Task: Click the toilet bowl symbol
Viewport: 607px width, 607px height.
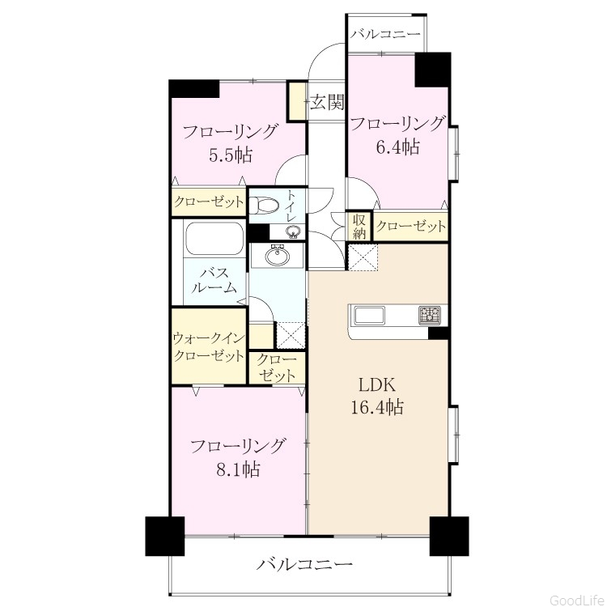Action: point(264,204)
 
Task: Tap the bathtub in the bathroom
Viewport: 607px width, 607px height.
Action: point(214,239)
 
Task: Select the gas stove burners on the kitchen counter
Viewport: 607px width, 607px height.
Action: point(429,315)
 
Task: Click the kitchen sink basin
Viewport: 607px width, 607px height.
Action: point(370,316)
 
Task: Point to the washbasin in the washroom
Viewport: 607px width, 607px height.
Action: point(277,256)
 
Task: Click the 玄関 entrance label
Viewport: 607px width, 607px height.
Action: point(327,103)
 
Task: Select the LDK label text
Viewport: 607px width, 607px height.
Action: point(377,385)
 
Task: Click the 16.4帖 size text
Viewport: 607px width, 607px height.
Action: point(377,407)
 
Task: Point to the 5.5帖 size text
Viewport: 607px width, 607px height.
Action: point(231,155)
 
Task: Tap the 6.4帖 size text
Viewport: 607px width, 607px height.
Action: point(398,146)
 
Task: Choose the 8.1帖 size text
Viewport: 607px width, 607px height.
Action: point(238,469)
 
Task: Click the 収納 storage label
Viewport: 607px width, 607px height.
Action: point(359,227)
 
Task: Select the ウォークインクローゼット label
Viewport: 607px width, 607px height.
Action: point(209,346)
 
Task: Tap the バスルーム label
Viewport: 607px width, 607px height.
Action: point(214,280)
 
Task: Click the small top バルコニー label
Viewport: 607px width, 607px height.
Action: point(385,34)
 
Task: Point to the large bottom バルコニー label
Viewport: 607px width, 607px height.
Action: point(305,564)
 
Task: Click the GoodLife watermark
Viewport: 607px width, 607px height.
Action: point(578,600)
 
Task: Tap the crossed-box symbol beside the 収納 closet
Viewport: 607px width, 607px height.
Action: point(363,257)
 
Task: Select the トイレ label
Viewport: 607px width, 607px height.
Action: point(291,206)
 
